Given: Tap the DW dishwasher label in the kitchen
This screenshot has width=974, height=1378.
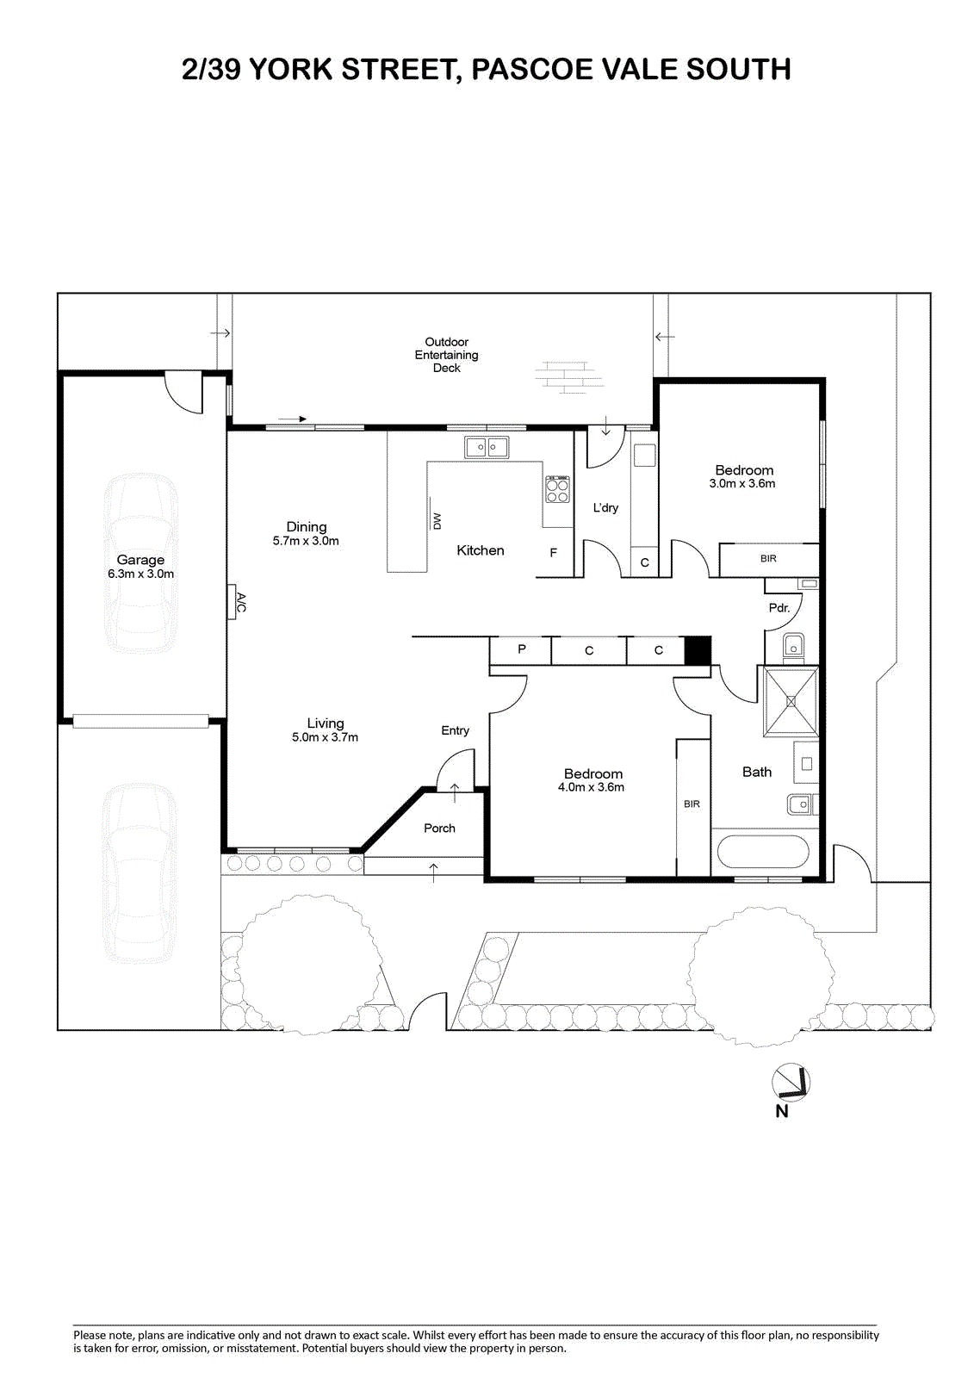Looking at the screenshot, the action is click(x=437, y=521).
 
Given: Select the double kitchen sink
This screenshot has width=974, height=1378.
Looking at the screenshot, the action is click(x=487, y=447).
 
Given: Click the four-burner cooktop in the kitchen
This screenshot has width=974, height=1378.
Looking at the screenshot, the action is click(x=557, y=490).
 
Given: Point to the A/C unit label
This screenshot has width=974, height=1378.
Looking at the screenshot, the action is click(x=240, y=602).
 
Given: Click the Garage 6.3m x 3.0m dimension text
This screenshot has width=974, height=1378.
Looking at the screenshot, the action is click(x=141, y=574).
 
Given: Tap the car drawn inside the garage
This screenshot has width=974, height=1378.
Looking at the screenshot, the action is click(x=141, y=563).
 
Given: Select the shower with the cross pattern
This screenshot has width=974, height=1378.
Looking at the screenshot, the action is click(x=791, y=701).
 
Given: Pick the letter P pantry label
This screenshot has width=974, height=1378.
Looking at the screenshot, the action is click(x=522, y=649).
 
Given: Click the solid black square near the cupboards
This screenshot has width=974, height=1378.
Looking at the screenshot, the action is click(x=698, y=650).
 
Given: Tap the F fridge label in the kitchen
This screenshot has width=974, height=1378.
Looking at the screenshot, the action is click(x=553, y=553).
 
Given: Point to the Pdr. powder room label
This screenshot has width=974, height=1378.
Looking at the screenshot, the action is click(x=779, y=608).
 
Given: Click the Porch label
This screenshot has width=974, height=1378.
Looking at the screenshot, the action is click(x=439, y=828).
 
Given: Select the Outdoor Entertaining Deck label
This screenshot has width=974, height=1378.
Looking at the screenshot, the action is click(x=447, y=355).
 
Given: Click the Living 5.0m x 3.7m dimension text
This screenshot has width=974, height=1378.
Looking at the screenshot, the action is click(x=325, y=737).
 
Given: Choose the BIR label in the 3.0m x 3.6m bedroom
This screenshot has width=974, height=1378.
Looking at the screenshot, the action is click(x=768, y=559).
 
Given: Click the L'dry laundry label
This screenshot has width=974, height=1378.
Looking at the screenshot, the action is click(x=605, y=508).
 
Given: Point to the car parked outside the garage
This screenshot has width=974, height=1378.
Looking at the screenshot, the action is click(x=139, y=873).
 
